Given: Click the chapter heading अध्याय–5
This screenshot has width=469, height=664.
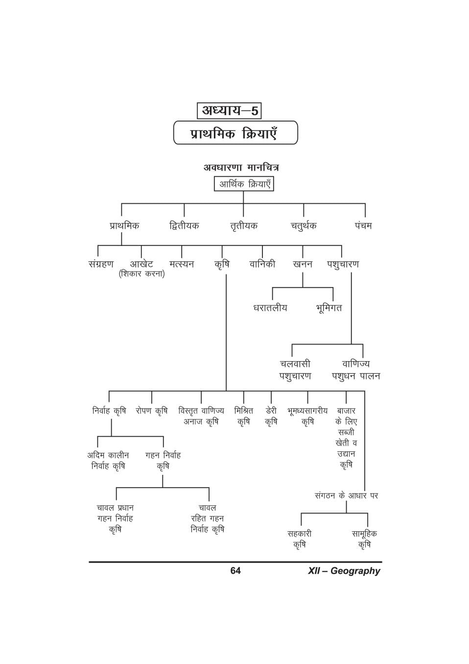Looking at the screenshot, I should [229, 110].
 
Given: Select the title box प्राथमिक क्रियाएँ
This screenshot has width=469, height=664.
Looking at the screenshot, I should [235, 133].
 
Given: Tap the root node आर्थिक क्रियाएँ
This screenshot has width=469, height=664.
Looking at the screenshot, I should [244, 184].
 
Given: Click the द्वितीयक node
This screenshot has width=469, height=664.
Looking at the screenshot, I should [184, 225].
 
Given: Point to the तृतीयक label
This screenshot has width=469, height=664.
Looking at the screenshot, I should [244, 225].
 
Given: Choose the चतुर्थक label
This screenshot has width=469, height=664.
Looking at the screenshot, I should [304, 225].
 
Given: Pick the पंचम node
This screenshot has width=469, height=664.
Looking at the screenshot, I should [363, 225].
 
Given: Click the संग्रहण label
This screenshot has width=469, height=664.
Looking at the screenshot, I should [101, 264].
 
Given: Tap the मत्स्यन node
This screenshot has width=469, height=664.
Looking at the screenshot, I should [182, 264].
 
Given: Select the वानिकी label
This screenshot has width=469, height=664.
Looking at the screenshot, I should [262, 264].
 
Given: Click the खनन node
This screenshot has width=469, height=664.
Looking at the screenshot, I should [303, 264].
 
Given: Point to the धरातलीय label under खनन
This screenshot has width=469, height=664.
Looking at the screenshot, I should [270, 308].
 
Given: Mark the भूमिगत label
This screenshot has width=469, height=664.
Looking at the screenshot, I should [329, 308].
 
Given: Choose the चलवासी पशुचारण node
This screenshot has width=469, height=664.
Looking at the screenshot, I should [295, 370].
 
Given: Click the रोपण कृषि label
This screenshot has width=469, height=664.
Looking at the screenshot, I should [152, 411].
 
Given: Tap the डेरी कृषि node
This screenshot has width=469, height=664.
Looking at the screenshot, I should [271, 416].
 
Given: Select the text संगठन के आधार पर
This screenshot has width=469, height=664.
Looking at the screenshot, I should [346, 495].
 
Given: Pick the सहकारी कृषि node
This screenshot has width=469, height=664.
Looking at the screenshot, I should [300, 539].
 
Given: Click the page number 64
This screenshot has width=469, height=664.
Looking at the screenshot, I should [235, 571].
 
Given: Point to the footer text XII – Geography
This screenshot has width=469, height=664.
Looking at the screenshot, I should [344, 571].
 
